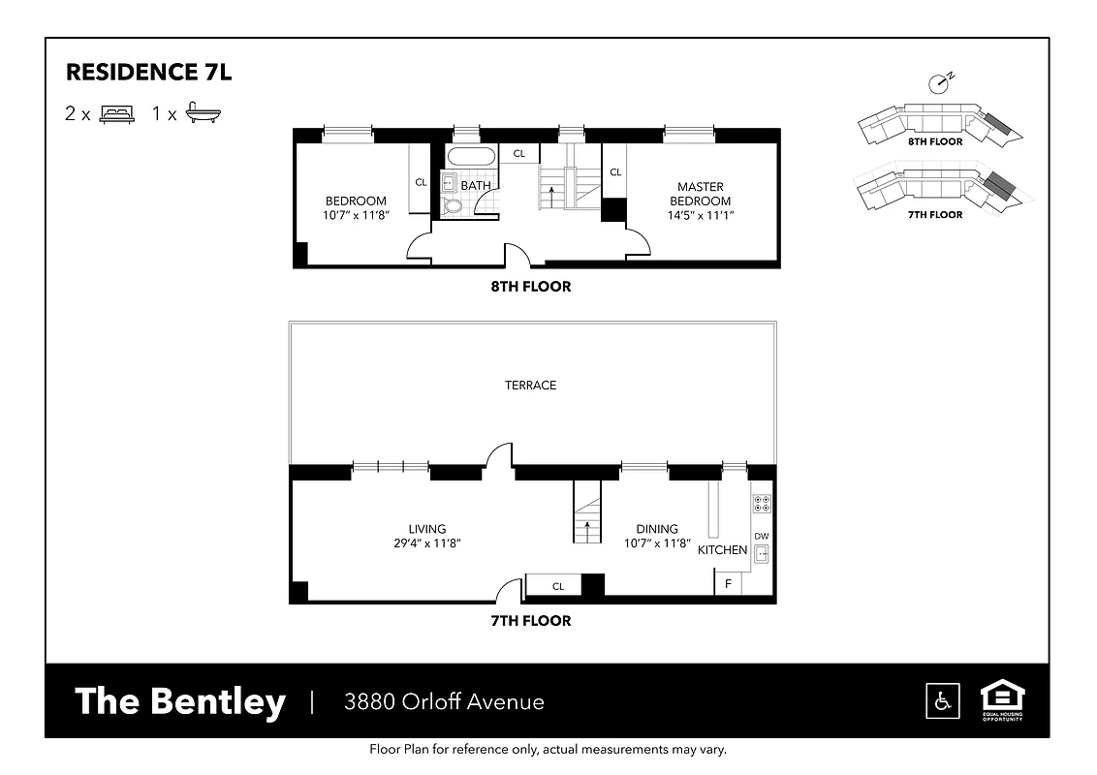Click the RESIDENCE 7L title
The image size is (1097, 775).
(x=148, y=73)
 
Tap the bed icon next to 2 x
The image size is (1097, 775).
(x=116, y=113)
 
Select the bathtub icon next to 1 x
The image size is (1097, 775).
(x=204, y=112)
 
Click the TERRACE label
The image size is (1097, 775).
(x=530, y=386)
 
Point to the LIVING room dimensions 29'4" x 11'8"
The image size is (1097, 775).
(x=426, y=543)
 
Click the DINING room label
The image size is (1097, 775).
(x=657, y=529)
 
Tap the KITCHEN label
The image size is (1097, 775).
(x=723, y=550)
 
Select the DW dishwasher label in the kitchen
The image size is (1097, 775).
(x=762, y=536)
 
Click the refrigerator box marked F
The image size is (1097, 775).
(x=729, y=584)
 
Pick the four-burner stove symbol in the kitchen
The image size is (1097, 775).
(x=762, y=503)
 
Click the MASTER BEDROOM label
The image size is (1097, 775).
(x=701, y=194)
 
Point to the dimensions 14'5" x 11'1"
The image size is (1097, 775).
(x=701, y=215)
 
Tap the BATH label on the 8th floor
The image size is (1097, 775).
(x=475, y=185)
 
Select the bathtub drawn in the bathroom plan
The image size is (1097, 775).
(x=469, y=158)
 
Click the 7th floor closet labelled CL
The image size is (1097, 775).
(x=558, y=586)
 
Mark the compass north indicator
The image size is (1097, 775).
(x=938, y=82)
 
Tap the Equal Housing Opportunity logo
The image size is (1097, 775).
(x=1003, y=699)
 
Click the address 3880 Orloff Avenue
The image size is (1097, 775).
(x=444, y=702)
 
